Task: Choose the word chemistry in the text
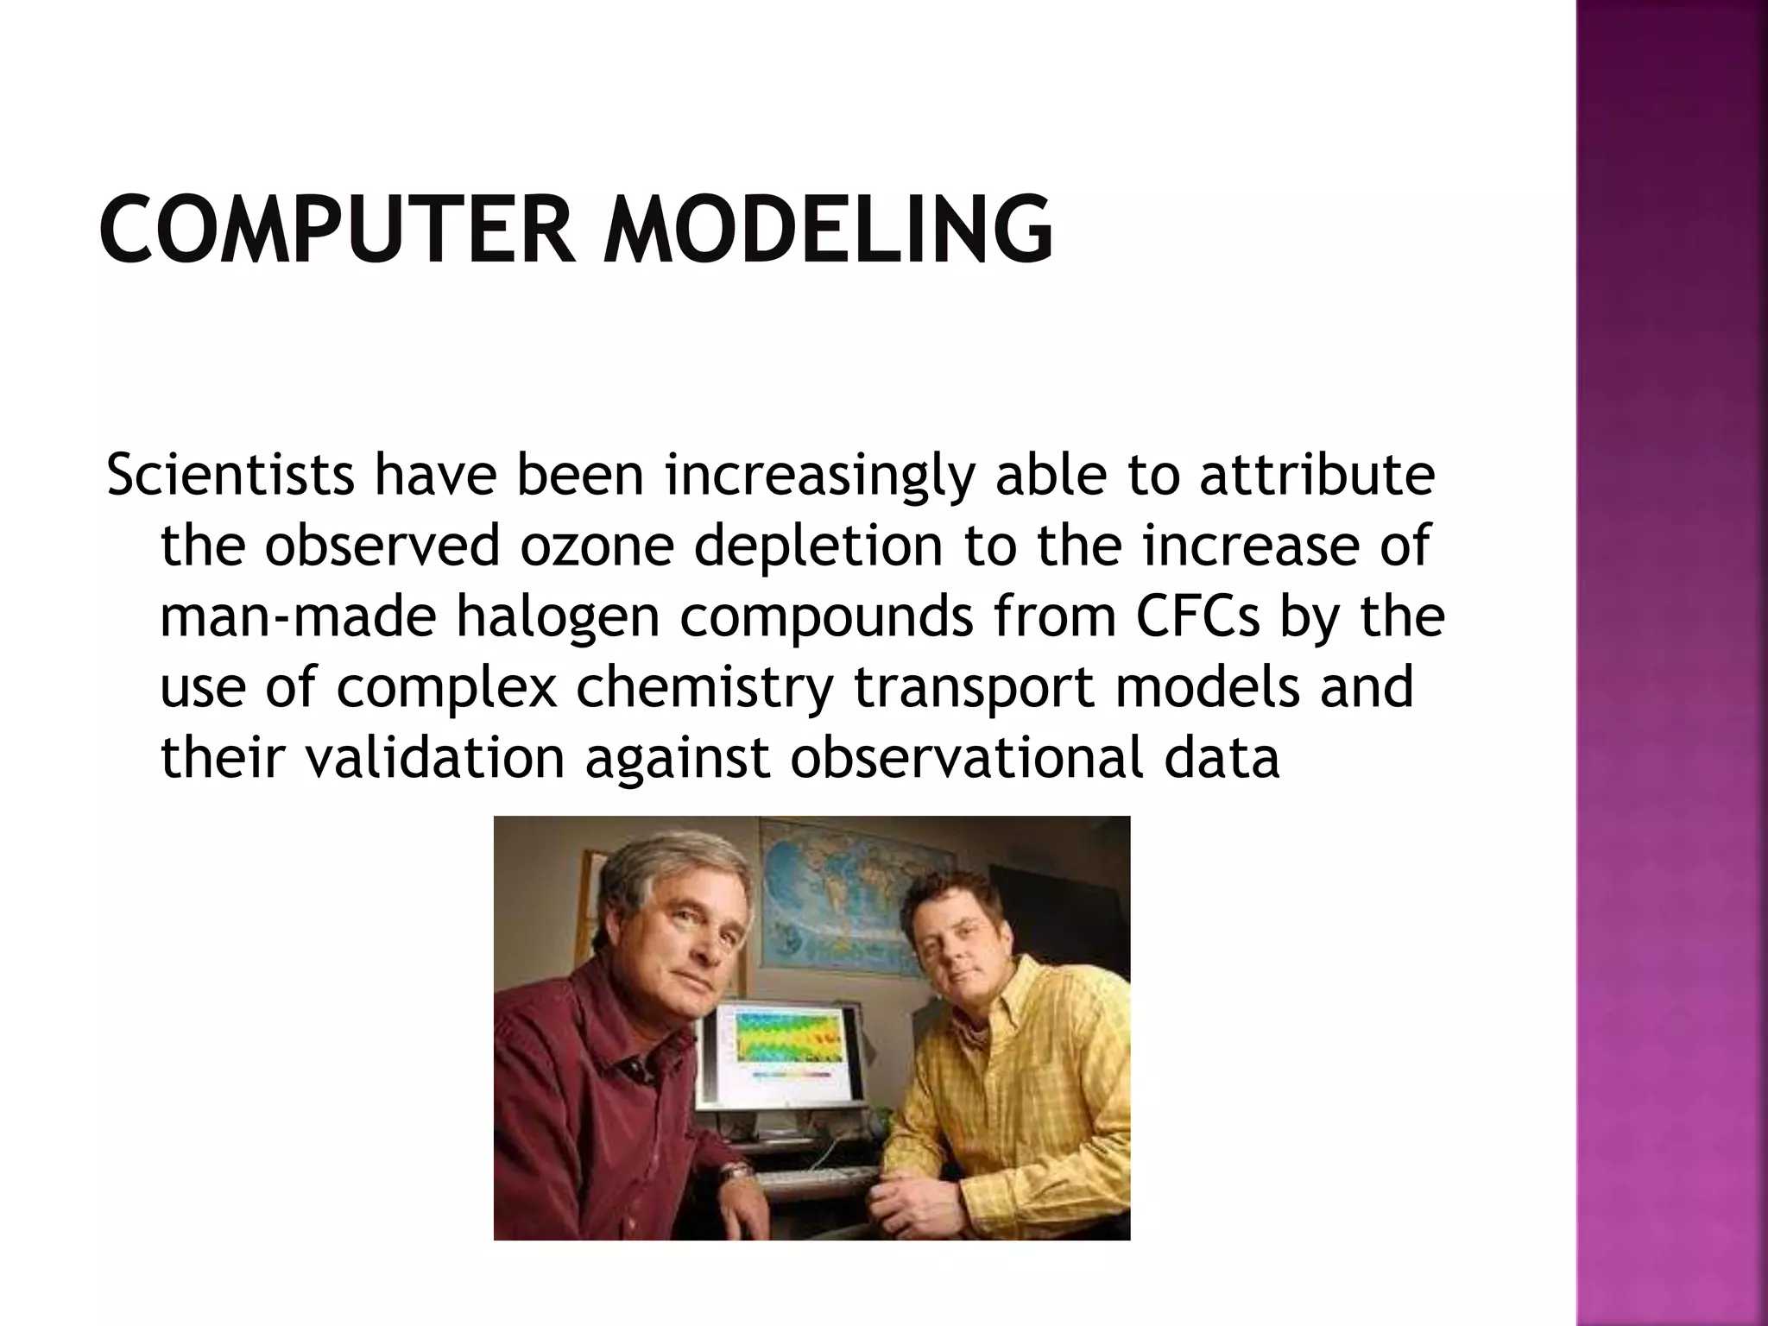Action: (704, 688)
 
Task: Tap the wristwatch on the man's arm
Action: (735, 1173)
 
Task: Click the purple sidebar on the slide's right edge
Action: (1671, 663)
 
